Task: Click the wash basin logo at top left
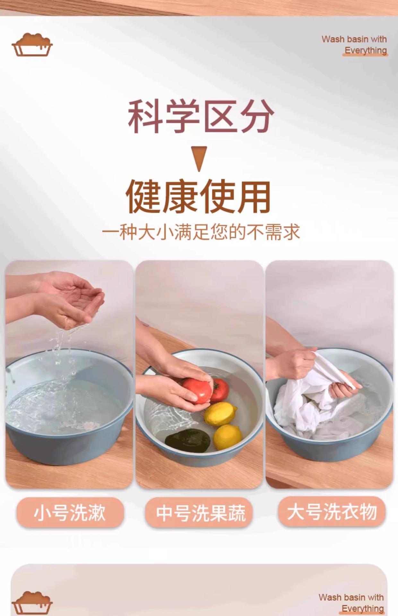pos(32,45)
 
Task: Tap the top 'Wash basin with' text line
pos(354,39)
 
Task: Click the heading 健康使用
pos(198,196)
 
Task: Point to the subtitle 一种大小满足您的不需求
pos(201,232)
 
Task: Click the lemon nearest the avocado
pos(228,437)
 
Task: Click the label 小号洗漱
pos(70,512)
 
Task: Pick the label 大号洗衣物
pos(332,512)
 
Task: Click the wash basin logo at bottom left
pos(32,603)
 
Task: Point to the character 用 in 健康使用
pos(254,196)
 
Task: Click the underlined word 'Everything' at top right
pos(366,50)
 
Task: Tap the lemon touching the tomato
pos(221,414)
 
